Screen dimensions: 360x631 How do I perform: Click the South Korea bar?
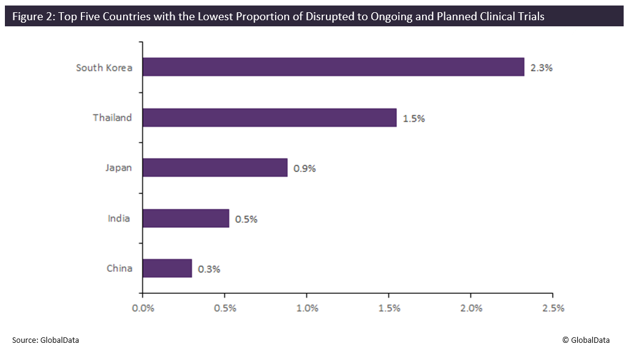[x=333, y=67]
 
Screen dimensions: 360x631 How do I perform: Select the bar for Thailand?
[x=270, y=118]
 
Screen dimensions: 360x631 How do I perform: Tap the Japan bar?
[x=215, y=168]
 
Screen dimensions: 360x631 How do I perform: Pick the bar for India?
[x=186, y=218]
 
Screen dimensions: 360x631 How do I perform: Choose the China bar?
[x=167, y=268]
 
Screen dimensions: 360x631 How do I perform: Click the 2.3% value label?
[x=542, y=68]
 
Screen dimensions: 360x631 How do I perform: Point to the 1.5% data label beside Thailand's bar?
[x=414, y=119]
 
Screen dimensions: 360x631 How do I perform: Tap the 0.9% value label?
[x=304, y=168]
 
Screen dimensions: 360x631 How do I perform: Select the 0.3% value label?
[x=209, y=269]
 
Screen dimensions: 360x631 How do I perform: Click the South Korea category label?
[x=104, y=67]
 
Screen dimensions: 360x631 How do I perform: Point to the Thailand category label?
[x=112, y=118]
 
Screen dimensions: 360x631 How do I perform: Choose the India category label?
[x=119, y=218]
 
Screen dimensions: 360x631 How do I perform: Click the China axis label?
[x=119, y=268]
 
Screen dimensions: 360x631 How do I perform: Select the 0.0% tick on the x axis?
[x=143, y=308]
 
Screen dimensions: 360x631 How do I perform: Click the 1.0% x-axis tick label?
[x=307, y=308]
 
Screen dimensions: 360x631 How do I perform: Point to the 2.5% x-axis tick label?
[x=553, y=308]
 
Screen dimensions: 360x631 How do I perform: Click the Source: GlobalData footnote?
[x=45, y=340]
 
